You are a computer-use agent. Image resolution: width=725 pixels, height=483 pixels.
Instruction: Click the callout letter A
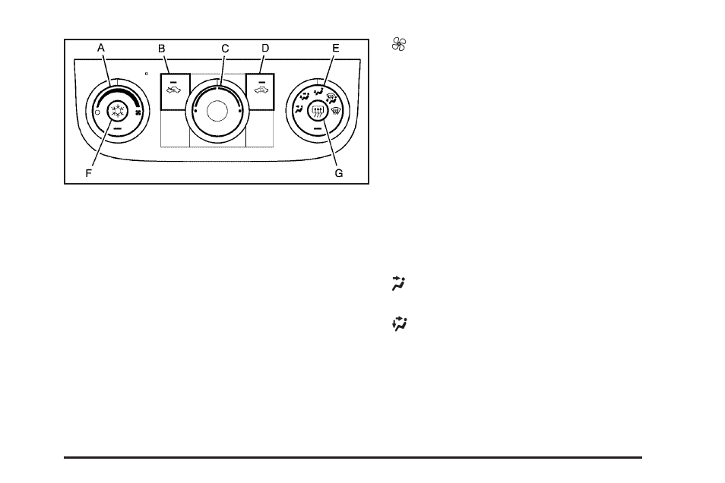[x=101, y=47]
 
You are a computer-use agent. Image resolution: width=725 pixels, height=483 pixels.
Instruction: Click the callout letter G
[x=339, y=173]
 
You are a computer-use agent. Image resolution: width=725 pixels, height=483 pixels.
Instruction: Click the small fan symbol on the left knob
[x=138, y=112]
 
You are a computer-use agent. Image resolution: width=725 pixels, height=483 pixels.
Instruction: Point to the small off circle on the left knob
[x=97, y=112]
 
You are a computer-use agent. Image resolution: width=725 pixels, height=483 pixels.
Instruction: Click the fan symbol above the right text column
[x=395, y=46]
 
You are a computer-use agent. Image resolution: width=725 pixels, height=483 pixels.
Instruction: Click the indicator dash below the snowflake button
[x=116, y=130]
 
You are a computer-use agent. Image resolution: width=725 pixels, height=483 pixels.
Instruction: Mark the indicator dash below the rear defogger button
[x=318, y=130]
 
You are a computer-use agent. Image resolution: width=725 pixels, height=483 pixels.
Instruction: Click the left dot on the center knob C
[x=195, y=112]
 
